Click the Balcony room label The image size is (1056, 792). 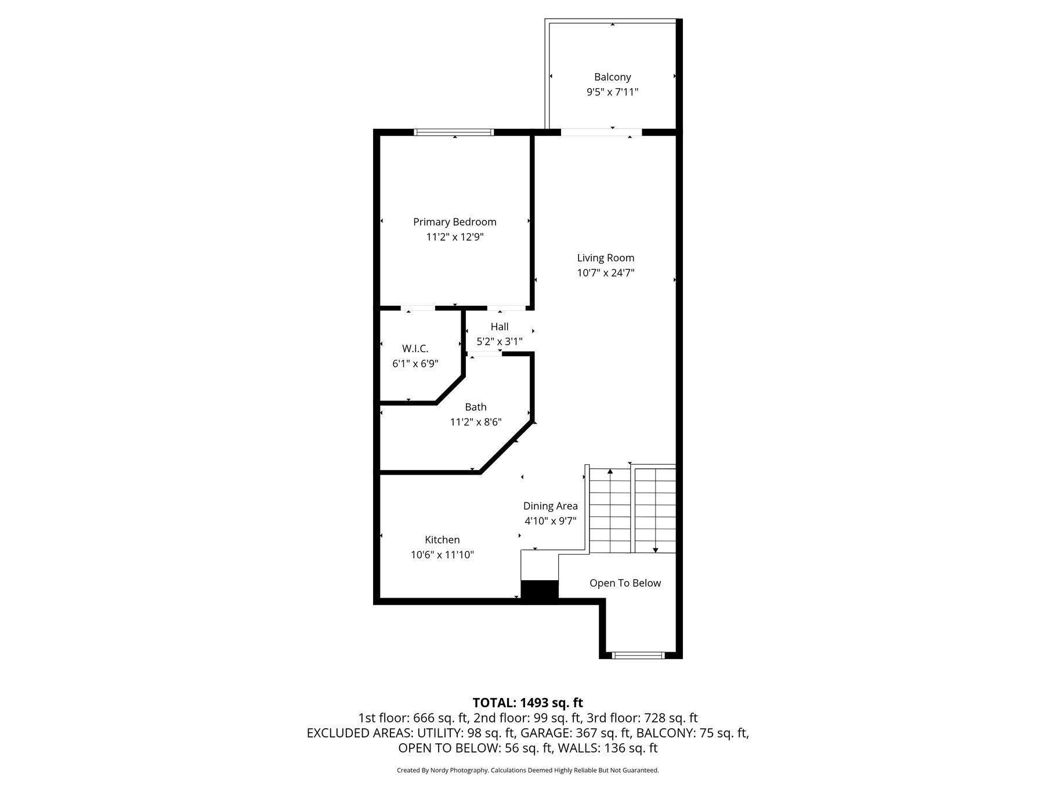click(612, 77)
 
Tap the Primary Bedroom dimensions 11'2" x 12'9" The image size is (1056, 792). click(454, 237)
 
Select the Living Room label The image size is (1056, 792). click(605, 258)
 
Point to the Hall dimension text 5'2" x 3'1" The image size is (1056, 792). click(499, 342)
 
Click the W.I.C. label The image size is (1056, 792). click(415, 349)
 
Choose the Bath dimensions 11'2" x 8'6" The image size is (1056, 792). click(475, 422)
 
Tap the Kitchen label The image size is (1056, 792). click(442, 540)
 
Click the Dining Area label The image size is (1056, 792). click(550, 506)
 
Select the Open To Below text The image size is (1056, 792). click(625, 583)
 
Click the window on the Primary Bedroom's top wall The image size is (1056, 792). click(454, 132)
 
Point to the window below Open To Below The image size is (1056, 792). click(638, 655)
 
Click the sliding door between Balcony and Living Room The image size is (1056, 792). click(601, 132)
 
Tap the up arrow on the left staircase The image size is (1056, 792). click(610, 473)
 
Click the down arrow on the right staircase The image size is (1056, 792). click(656, 549)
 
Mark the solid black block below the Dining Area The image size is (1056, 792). click(539, 590)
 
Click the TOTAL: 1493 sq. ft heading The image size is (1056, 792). click(527, 703)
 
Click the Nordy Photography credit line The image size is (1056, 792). click(527, 771)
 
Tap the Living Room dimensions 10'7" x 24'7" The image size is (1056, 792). click(605, 273)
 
